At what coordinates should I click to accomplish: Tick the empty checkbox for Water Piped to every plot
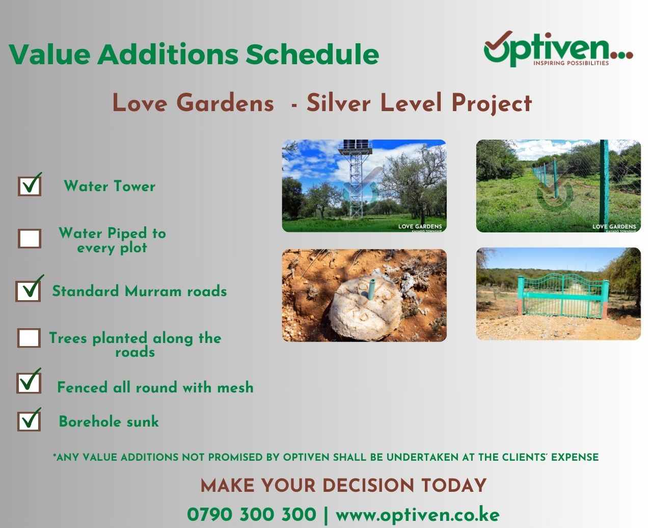click(30, 239)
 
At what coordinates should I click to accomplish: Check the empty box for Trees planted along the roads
click(29, 338)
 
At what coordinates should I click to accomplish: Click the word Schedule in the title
click(312, 54)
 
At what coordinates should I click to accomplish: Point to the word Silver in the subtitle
click(339, 103)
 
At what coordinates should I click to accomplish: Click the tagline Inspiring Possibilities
click(571, 63)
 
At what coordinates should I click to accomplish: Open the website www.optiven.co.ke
click(418, 515)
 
